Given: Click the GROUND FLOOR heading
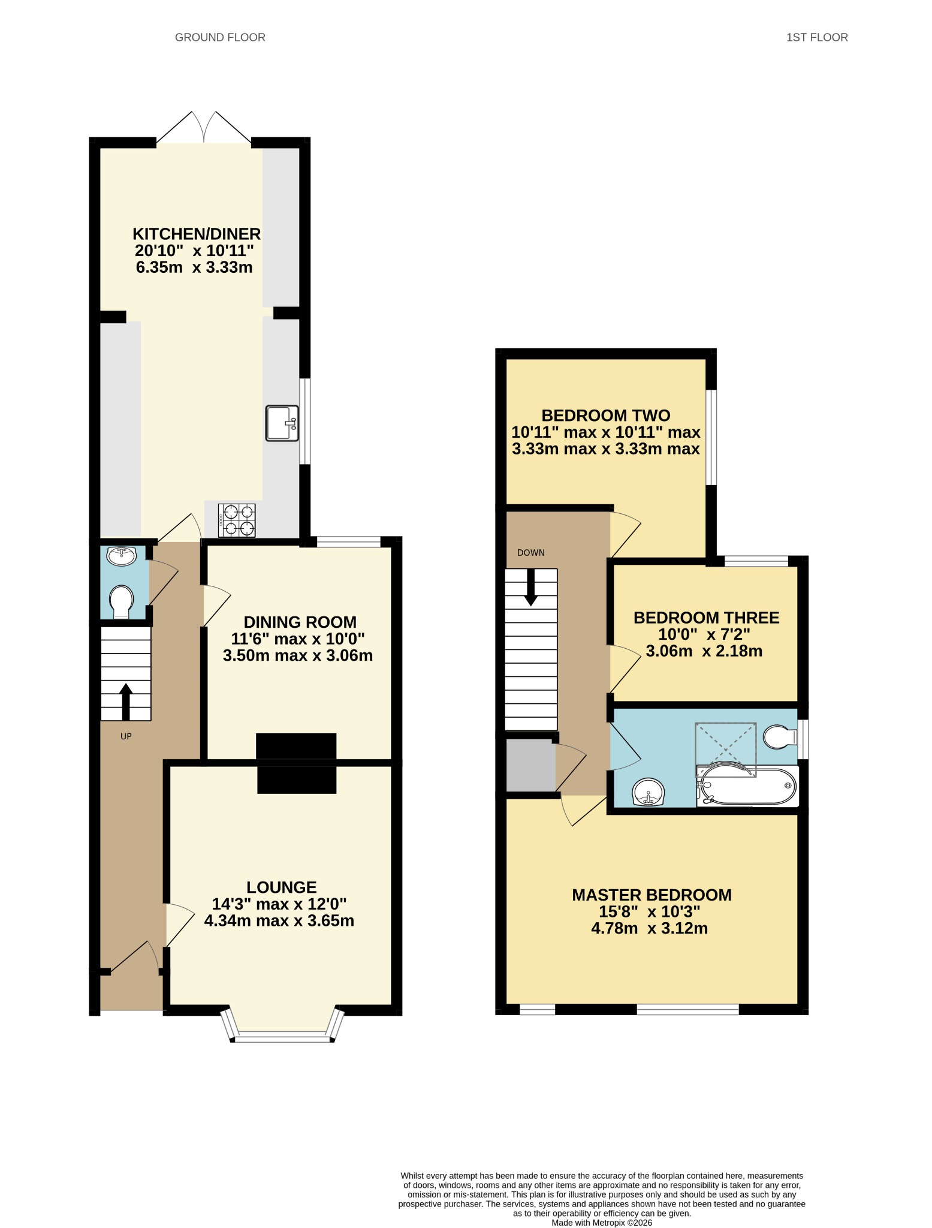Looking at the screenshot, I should tap(220, 37).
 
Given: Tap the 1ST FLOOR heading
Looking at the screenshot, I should tap(816, 37).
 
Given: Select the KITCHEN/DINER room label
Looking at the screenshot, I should tap(197, 234).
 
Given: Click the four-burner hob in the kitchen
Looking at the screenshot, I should tap(237, 520).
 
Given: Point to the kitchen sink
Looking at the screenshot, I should tap(282, 423).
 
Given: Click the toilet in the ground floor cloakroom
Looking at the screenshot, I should tap(122, 601).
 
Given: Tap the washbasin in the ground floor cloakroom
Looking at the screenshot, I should tap(122, 556).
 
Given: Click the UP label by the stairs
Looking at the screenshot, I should tap(126, 736).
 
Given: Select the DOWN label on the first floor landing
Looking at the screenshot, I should tap(531, 553).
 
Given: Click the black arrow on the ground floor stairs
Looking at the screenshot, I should tap(126, 702).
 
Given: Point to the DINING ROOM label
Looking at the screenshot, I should tap(300, 622).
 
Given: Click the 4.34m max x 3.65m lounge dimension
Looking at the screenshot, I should tap(279, 920).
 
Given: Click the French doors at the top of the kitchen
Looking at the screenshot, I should tap(204, 128).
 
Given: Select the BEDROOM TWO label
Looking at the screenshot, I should tap(605, 416).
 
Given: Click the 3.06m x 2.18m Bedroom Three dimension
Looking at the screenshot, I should tap(704, 651).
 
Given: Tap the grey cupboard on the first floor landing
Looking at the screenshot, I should tap(530, 765).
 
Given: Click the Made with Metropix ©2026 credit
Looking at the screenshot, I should tap(601, 1223).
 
